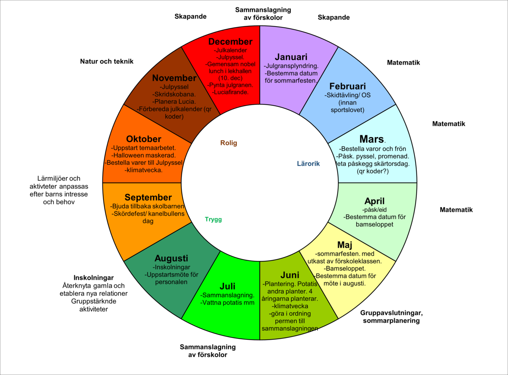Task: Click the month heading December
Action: tap(230, 42)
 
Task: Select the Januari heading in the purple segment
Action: tap(291, 57)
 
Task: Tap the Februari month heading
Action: tap(347, 87)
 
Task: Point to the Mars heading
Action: tap(371, 139)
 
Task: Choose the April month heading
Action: tap(375, 201)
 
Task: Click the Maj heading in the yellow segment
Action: tap(345, 245)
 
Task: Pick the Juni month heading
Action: tap(290, 275)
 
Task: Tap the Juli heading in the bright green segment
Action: tap(227, 286)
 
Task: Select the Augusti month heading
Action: tap(171, 258)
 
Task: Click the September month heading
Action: tap(148, 198)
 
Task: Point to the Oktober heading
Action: tap(144, 139)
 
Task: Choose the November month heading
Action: tap(174, 78)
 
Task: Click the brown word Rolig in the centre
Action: tap(229, 143)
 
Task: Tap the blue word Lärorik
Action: tap(308, 163)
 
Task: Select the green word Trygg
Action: tap(213, 219)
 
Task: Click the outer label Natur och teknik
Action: tap(107, 62)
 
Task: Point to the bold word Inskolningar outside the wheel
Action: tap(93, 278)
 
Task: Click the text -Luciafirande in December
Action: tap(230, 92)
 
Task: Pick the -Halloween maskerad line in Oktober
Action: tap(143, 155)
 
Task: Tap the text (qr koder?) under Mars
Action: tap(373, 171)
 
